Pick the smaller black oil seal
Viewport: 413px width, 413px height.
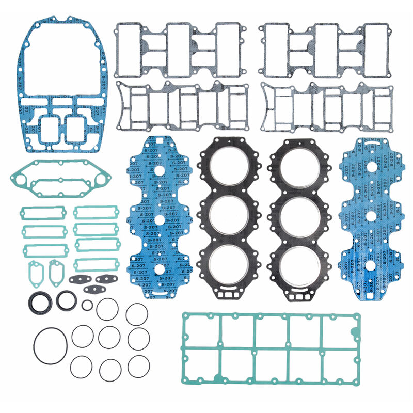click(x=66, y=299)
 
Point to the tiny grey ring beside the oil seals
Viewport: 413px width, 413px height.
click(x=87, y=305)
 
